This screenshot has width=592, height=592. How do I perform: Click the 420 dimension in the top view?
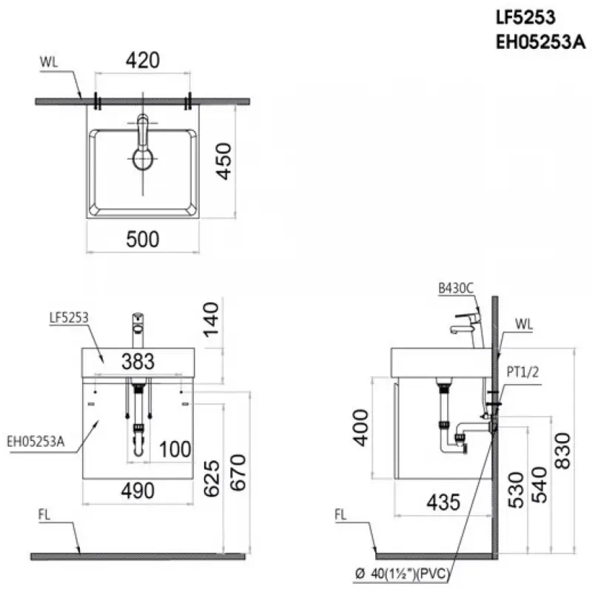(143, 60)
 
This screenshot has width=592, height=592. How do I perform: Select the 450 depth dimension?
(223, 161)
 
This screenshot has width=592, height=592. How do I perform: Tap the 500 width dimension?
(143, 239)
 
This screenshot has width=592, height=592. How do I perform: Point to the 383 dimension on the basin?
(138, 361)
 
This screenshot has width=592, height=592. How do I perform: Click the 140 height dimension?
(211, 320)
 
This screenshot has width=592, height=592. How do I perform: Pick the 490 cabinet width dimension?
(138, 491)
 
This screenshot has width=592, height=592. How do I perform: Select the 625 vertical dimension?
(212, 478)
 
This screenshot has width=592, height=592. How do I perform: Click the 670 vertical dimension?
(238, 473)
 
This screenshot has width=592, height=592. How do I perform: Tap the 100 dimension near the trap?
(175, 449)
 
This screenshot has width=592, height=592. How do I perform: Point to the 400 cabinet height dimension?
(360, 428)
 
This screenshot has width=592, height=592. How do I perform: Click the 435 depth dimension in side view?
(443, 502)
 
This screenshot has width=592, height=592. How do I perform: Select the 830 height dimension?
(562, 451)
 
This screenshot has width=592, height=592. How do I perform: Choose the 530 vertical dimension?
(516, 490)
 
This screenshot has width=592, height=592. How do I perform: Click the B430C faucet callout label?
(456, 289)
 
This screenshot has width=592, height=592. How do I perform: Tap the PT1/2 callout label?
(522, 372)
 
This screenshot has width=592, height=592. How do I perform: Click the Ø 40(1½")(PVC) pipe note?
(403, 574)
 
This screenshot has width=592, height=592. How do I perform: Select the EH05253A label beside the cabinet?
(36, 441)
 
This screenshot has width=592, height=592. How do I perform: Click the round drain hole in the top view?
(143, 158)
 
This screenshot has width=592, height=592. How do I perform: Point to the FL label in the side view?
(340, 514)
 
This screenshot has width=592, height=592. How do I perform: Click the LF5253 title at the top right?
(525, 17)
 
